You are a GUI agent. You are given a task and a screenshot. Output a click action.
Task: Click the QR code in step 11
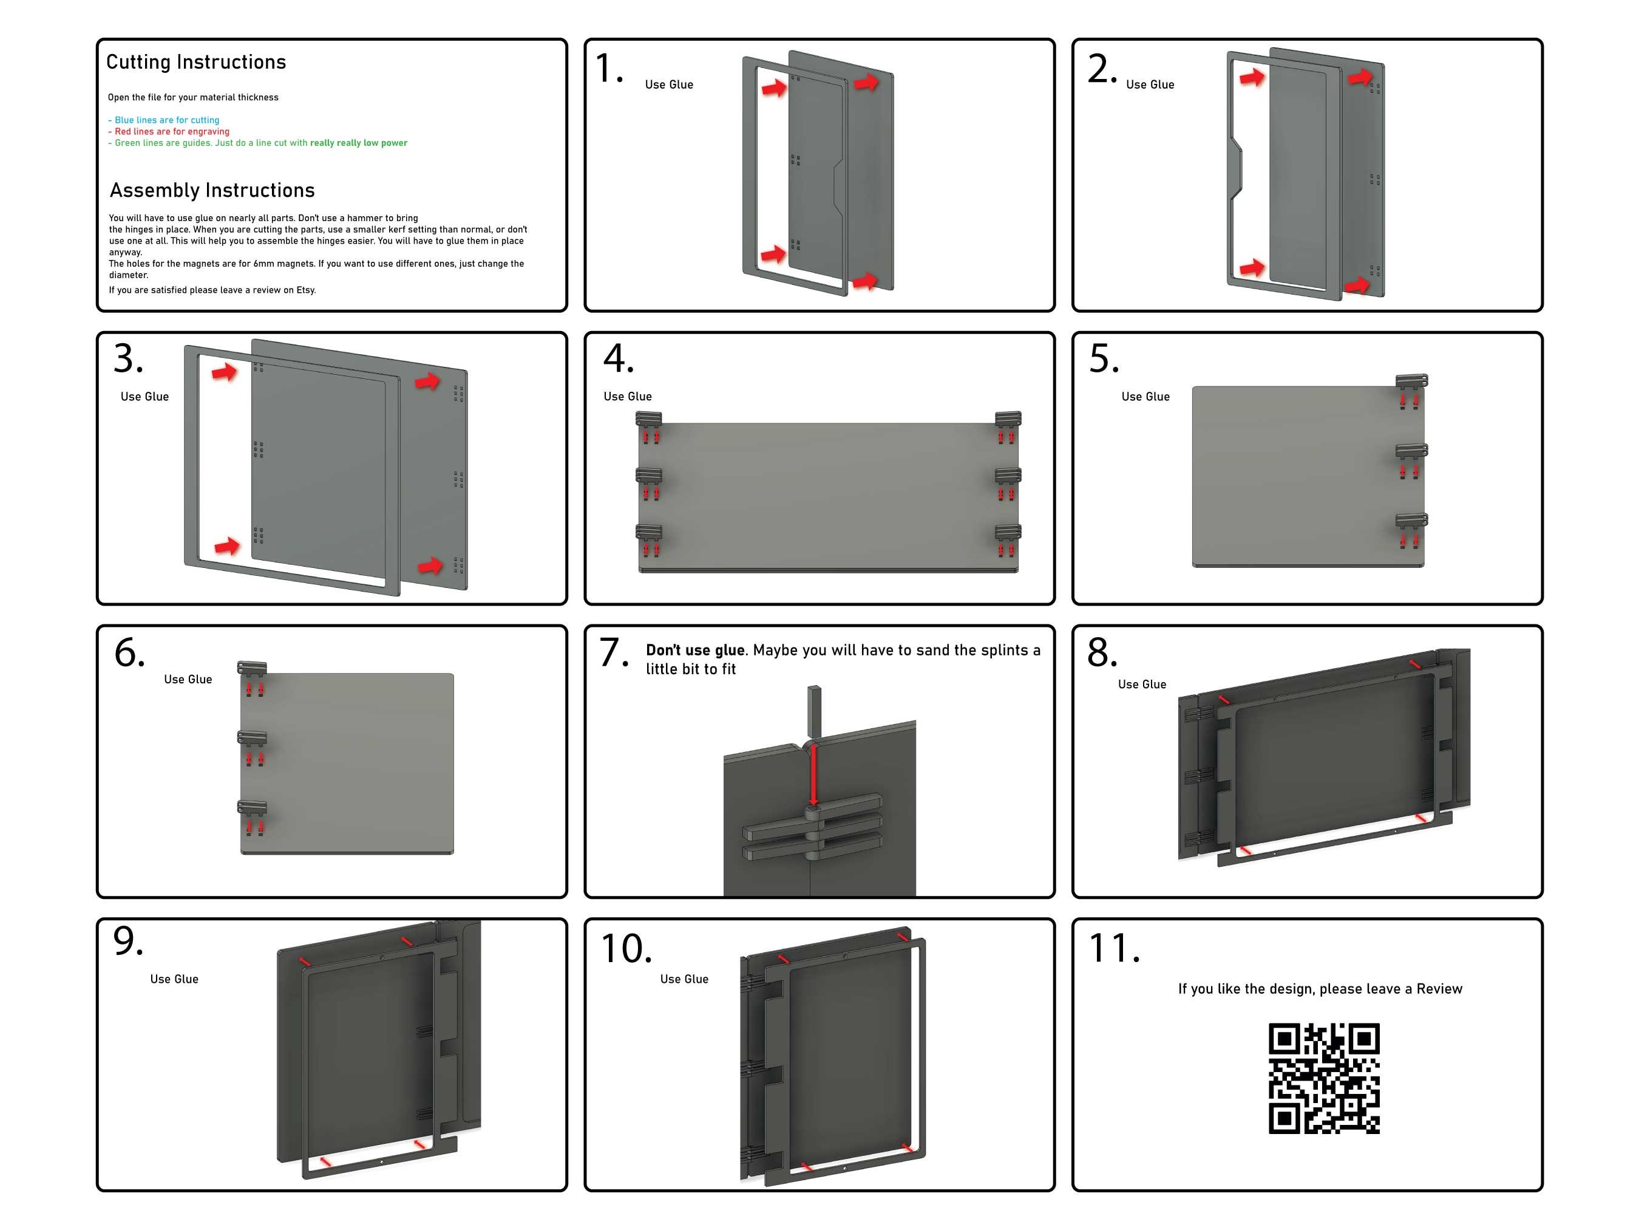[1323, 1078]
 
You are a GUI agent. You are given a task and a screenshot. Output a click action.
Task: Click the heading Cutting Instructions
[195, 63]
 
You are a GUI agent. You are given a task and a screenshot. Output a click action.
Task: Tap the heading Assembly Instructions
[212, 191]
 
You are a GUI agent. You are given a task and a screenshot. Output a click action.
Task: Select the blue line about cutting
[164, 120]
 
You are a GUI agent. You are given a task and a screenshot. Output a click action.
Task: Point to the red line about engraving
[169, 131]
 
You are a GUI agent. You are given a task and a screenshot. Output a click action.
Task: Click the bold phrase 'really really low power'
[359, 143]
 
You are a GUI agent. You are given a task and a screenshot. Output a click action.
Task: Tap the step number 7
[614, 652]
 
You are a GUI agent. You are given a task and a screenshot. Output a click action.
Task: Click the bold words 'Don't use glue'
[695, 650]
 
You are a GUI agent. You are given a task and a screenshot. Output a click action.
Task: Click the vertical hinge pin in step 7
[813, 712]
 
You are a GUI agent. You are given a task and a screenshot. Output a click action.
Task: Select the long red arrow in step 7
[813, 774]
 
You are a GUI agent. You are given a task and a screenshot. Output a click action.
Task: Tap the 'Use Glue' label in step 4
[628, 397]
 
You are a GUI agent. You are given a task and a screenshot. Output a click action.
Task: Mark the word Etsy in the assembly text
[305, 290]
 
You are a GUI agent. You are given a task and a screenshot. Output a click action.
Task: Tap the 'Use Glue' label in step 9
[174, 979]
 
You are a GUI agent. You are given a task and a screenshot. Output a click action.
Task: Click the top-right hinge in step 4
[1008, 420]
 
